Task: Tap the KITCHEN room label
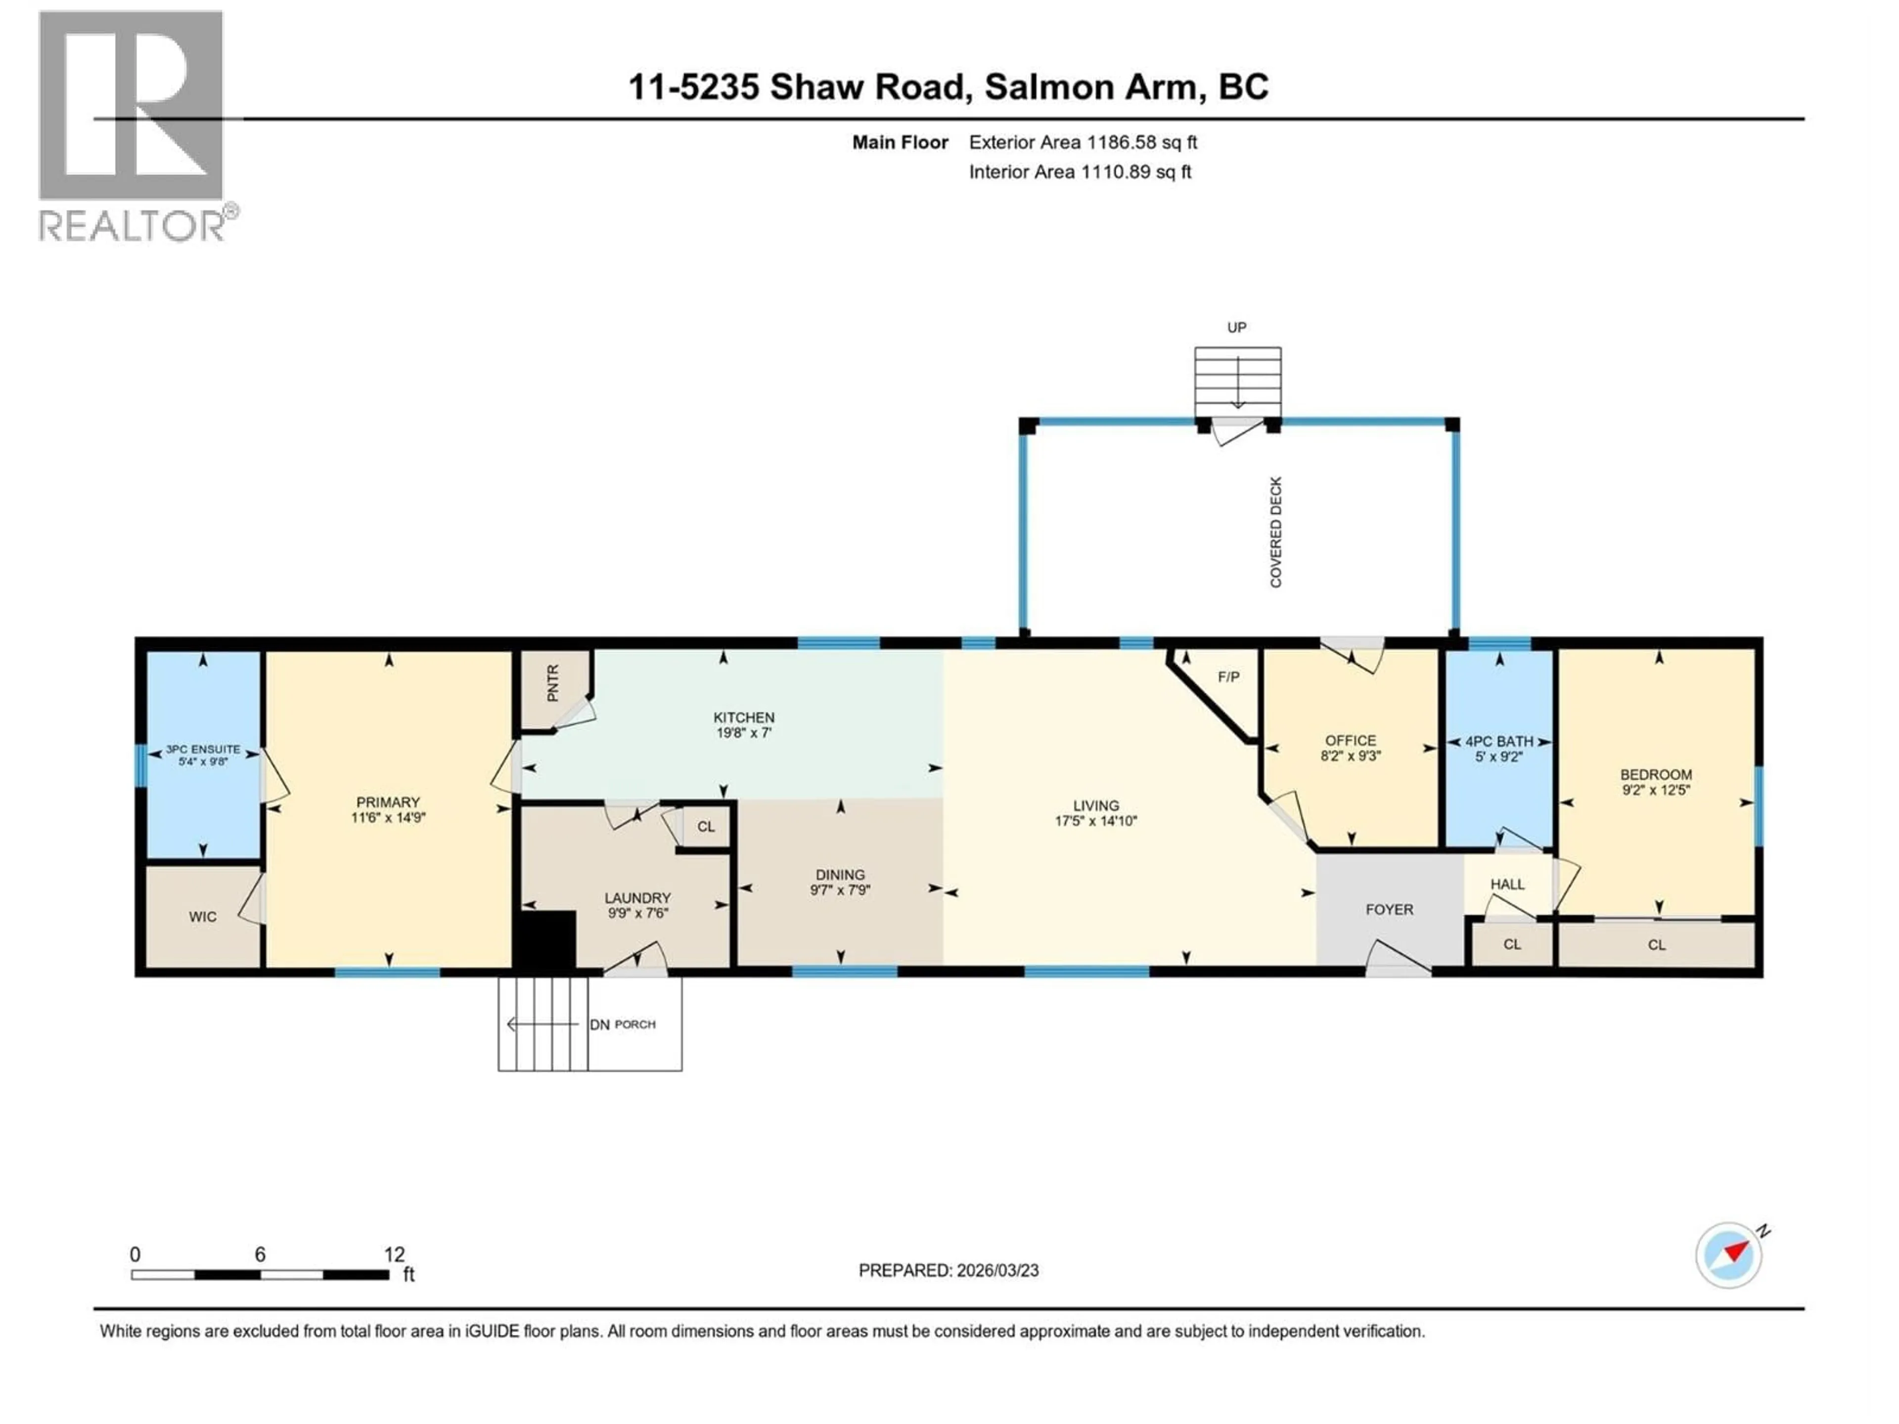pos(743,717)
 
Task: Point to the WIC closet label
pos(203,917)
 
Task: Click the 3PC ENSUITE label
pos(203,750)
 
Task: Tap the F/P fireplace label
pos(1228,677)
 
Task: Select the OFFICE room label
pos(1351,740)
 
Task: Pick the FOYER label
pos(1389,910)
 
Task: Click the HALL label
pos(1507,884)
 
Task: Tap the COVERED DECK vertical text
pos(1276,532)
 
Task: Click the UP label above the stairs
pos(1236,327)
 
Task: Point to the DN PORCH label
pos(623,1025)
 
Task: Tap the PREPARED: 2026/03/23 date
pos(949,1270)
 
